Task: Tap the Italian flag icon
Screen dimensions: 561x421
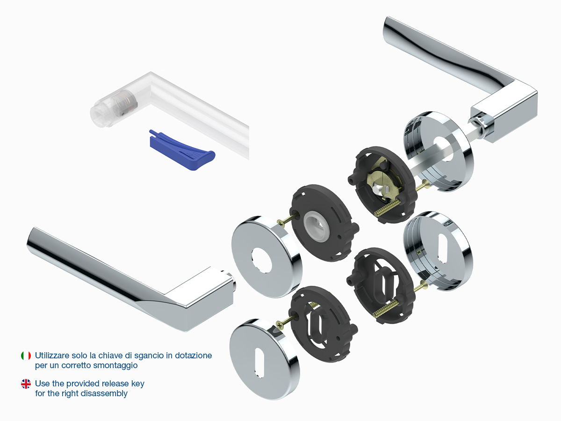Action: point(26,356)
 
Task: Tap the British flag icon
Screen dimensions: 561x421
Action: point(26,384)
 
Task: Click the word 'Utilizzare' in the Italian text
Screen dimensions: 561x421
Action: point(52,356)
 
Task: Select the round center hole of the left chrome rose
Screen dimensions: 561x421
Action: point(261,260)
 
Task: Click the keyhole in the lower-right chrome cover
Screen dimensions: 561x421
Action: point(444,248)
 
